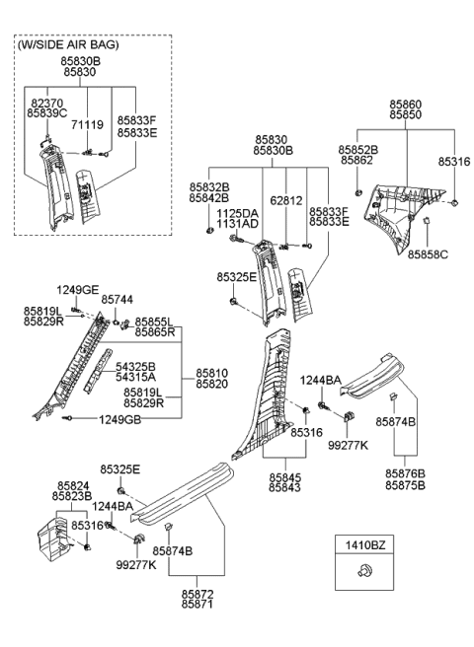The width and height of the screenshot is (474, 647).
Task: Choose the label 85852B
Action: click(x=356, y=149)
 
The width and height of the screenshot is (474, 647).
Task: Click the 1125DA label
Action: click(x=237, y=212)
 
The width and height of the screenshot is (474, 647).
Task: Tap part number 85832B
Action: click(x=209, y=186)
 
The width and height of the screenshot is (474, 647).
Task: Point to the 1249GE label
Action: click(x=77, y=289)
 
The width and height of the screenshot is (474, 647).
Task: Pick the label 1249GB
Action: click(x=118, y=419)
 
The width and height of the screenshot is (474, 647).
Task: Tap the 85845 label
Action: click(x=286, y=476)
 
